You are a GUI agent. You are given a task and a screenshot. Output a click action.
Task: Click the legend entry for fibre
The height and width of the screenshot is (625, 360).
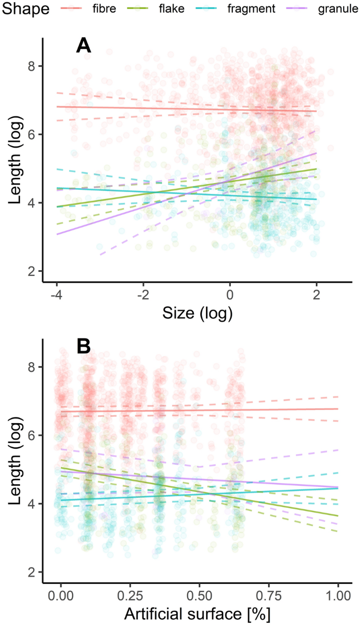[x=95, y=9]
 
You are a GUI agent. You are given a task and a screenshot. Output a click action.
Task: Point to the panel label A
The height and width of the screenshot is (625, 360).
[x=84, y=46]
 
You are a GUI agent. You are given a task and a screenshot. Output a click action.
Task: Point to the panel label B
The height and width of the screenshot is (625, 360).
[x=84, y=347]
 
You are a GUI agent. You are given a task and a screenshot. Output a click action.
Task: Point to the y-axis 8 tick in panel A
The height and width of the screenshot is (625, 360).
[x=35, y=66]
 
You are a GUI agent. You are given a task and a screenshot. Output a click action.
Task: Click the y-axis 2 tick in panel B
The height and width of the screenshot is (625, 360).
[x=35, y=572]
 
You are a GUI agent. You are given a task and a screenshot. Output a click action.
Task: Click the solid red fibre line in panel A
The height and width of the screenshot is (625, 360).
[x=158, y=109]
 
